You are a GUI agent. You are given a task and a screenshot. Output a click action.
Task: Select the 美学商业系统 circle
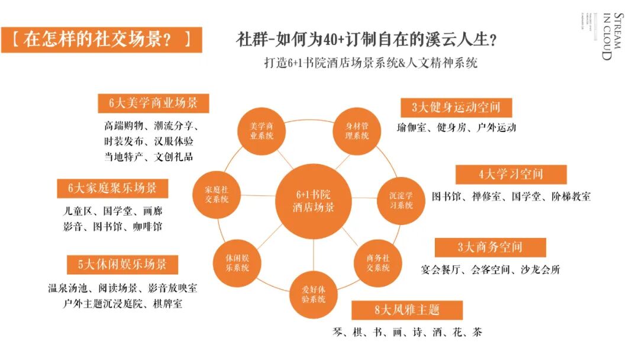click(261, 131)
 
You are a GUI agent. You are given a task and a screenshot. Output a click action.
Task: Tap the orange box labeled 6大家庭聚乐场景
click(112, 188)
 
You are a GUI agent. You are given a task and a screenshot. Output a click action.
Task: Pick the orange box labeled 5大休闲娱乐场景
click(122, 264)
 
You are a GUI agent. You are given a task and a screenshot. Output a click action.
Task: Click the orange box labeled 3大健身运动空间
click(456, 107)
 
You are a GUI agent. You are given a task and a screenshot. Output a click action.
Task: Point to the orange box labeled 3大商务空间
click(490, 247)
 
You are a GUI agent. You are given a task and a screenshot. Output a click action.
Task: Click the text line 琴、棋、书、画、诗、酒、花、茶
click(407, 332)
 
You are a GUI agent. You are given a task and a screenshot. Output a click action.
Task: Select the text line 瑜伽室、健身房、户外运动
click(456, 127)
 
